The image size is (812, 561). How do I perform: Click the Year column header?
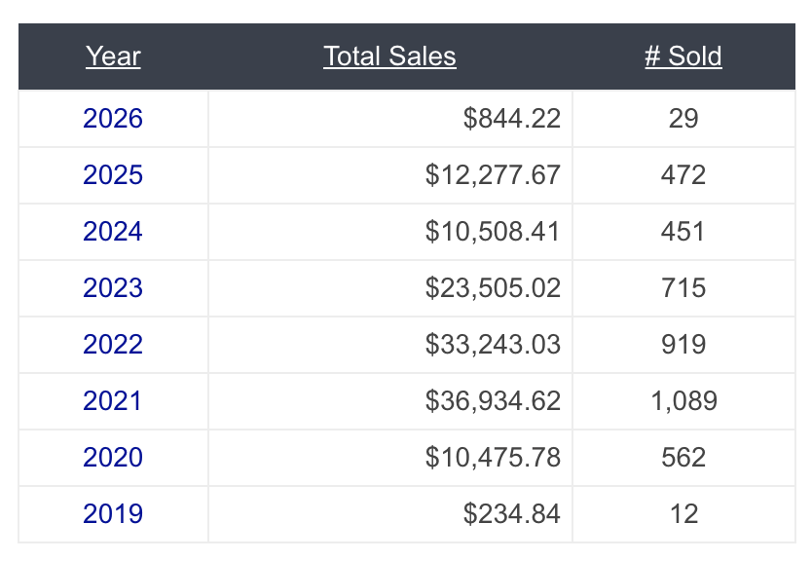pyautogui.click(x=113, y=56)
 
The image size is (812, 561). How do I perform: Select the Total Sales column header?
pyautogui.click(x=389, y=56)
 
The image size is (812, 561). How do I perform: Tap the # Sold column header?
pyautogui.click(x=683, y=56)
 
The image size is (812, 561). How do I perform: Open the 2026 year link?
pyautogui.click(x=113, y=119)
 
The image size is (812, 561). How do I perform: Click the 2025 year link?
pyautogui.click(x=113, y=175)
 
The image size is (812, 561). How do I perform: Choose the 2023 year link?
pyautogui.click(x=113, y=288)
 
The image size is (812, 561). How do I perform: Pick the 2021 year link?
pyautogui.click(x=113, y=401)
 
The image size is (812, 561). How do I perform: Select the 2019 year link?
pyautogui.click(x=113, y=514)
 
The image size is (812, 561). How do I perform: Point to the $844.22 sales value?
pyautogui.click(x=512, y=119)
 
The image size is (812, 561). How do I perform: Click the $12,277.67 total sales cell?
pyautogui.click(x=493, y=175)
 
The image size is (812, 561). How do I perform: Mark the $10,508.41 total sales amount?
pyautogui.click(x=493, y=232)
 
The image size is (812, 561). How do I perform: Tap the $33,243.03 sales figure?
pyautogui.click(x=493, y=345)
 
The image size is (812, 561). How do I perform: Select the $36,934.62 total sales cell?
pyautogui.click(x=493, y=401)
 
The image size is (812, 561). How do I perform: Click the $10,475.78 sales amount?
pyautogui.click(x=493, y=458)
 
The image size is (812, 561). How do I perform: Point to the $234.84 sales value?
pyautogui.click(x=512, y=514)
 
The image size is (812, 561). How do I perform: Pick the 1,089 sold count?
pyautogui.click(x=683, y=401)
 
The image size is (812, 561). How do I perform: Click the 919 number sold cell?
pyautogui.click(x=683, y=345)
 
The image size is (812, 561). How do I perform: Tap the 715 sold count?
pyautogui.click(x=683, y=288)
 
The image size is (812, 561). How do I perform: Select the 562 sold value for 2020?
pyautogui.click(x=683, y=458)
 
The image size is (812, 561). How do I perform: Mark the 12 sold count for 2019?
pyautogui.click(x=683, y=514)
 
